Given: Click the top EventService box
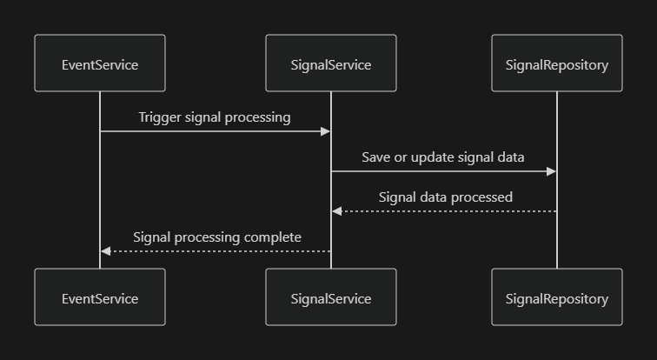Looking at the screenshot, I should pos(100,63).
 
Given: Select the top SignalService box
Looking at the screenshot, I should pos(331,63).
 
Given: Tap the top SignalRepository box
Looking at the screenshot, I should pos(557,63).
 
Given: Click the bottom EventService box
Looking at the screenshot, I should pos(100,297).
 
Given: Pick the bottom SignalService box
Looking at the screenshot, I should pos(331,297).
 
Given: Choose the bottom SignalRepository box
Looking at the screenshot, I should pos(557,297).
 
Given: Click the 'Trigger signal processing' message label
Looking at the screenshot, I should pos(215,117).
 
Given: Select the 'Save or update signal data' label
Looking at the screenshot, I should pos(443,157).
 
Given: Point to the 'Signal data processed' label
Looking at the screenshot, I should pos(445,197).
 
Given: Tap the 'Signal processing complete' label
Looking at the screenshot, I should pos(216,237).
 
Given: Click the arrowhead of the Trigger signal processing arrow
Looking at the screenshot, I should pos(326,131).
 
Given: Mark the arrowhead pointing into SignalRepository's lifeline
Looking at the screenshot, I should pos(552,171).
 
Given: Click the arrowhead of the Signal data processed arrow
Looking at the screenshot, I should pos(337,211).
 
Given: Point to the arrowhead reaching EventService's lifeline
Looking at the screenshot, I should pos(105,251).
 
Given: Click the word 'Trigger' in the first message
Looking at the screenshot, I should pos(160,117).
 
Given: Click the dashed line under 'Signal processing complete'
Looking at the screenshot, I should pos(217,251).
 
